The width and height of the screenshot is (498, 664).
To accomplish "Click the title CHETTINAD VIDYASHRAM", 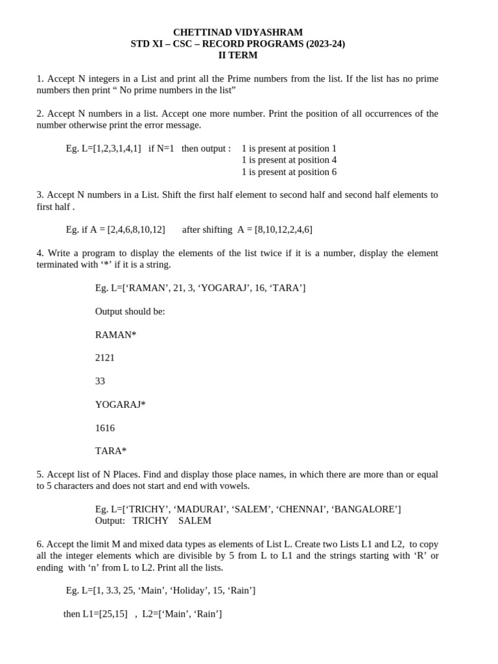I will [237, 32].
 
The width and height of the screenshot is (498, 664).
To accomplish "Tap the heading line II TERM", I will [237, 56].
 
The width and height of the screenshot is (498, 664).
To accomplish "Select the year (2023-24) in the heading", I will [321, 44].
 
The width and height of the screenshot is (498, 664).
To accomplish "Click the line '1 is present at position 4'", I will [289, 160].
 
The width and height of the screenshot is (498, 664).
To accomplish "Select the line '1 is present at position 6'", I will [289, 172].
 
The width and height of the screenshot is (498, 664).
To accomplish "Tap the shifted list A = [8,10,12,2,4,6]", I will [274, 230].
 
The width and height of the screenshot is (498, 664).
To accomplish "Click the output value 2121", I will [105, 358].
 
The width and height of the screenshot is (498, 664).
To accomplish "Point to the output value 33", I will [100, 381].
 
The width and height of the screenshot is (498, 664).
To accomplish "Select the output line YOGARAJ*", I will [120, 405].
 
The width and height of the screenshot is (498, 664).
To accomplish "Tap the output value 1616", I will [105, 428].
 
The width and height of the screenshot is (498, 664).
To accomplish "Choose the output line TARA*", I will [111, 451].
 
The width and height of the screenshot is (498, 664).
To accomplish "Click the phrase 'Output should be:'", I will [130, 311].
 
